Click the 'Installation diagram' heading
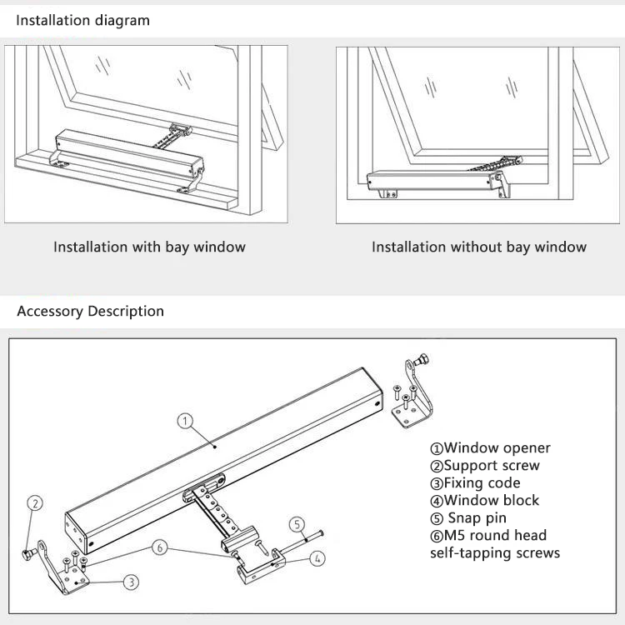[83, 20]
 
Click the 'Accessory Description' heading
[90, 312]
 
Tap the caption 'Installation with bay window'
[149, 247]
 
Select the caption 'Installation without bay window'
[478, 247]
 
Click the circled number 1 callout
[186, 421]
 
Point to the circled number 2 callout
[35, 502]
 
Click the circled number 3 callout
[132, 581]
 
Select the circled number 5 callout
[297, 524]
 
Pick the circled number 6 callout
[160, 547]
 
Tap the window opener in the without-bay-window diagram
[433, 177]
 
